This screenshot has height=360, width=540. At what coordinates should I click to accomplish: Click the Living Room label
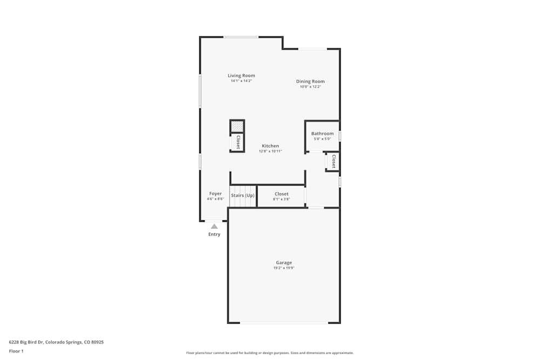pos(241,76)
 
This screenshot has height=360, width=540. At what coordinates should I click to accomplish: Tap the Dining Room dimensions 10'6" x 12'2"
pos(310,86)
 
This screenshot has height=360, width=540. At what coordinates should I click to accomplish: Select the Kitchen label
pos(271,146)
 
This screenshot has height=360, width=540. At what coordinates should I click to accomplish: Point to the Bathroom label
pos(322,133)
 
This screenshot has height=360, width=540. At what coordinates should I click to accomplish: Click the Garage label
pos(284,263)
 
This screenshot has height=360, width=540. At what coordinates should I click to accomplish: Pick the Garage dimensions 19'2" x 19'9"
pos(284,268)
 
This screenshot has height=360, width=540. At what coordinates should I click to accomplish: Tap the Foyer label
pos(215,194)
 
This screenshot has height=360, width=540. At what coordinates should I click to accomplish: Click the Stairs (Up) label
pos(242,195)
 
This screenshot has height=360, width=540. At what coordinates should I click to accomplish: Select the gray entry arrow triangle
pos(214,227)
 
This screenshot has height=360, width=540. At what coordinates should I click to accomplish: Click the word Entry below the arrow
pos(214,234)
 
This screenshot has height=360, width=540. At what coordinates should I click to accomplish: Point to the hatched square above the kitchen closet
pos(237,126)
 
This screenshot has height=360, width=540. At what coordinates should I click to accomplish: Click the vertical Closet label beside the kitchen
pos(238,142)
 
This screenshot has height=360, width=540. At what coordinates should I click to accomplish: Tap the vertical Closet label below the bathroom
pos(334,161)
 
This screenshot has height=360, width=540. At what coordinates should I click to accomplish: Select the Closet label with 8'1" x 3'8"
pos(281,194)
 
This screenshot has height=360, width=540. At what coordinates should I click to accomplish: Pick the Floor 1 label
pos(16,351)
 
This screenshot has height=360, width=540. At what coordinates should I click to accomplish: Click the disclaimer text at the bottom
pos(270,353)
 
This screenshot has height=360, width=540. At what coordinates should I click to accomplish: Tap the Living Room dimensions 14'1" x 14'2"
pos(241,81)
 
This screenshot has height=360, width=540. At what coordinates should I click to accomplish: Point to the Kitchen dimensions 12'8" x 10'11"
pos(271,151)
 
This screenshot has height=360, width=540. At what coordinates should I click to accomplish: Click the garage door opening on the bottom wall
pos(284,323)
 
